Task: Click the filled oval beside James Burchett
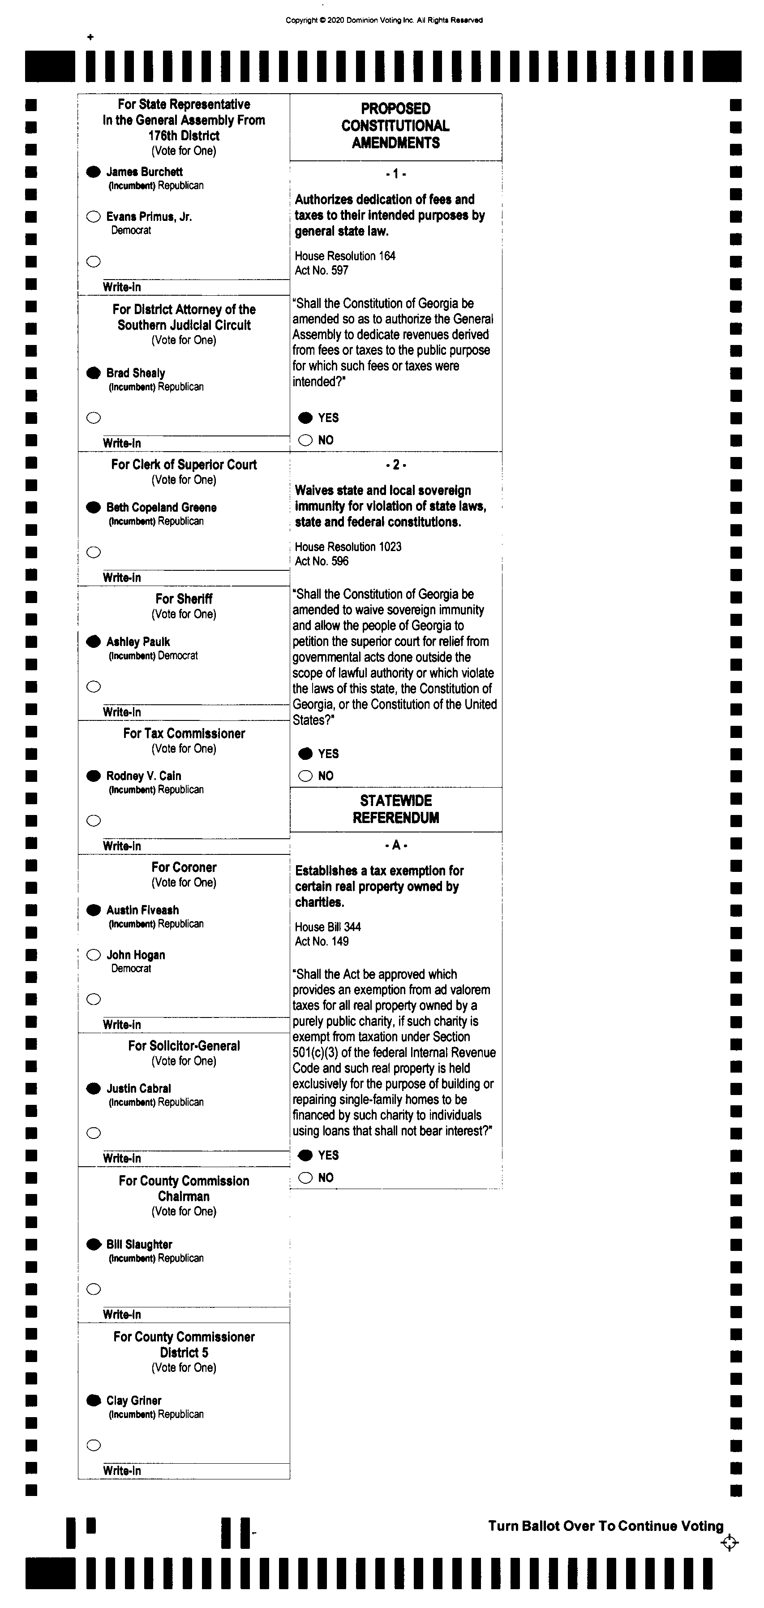click(x=94, y=172)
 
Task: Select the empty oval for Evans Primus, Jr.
click(x=94, y=216)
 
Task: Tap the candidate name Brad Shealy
click(x=135, y=373)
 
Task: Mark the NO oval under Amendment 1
click(x=305, y=440)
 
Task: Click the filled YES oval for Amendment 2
click(x=305, y=754)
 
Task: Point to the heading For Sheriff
click(x=184, y=599)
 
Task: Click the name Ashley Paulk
click(x=138, y=642)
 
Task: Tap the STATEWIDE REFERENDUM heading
click(x=396, y=809)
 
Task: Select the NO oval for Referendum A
click(x=305, y=1178)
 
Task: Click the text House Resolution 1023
click(x=348, y=547)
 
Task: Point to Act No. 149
click(x=322, y=941)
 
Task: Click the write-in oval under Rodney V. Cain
click(x=94, y=821)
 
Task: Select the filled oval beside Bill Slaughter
click(x=94, y=1245)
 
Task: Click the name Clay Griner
click(x=133, y=1401)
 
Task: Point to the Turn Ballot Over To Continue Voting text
click(x=605, y=1526)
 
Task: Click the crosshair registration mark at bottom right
click(x=729, y=1543)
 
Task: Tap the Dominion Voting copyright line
click(x=384, y=20)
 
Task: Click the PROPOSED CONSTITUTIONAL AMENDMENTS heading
click(x=396, y=125)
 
